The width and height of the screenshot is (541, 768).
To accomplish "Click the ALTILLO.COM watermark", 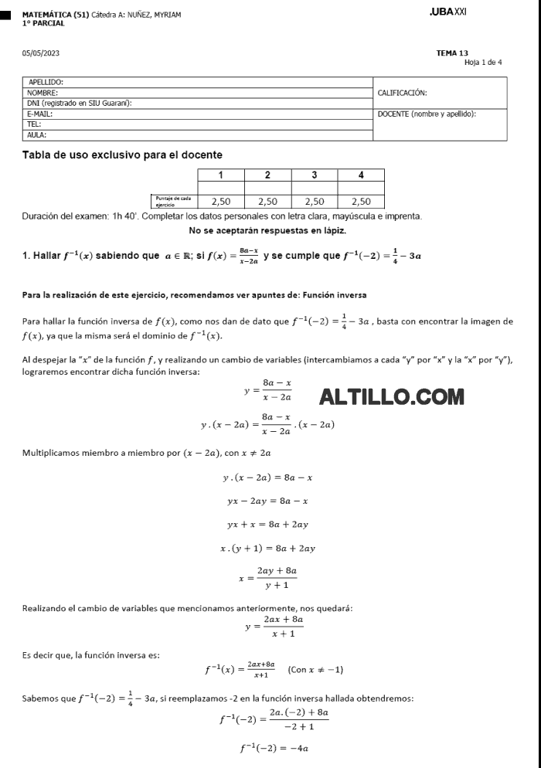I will click(x=392, y=397).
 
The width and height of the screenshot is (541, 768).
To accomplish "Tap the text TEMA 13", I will click(x=452, y=53).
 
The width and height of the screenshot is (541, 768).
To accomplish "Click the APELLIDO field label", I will click(x=46, y=81).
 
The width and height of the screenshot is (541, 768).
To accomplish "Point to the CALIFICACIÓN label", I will click(x=402, y=93).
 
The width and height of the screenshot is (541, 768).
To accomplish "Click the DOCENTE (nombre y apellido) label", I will click(x=427, y=114).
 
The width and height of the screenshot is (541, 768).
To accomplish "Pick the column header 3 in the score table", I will click(x=314, y=175).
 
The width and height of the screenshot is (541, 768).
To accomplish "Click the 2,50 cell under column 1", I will click(x=221, y=201).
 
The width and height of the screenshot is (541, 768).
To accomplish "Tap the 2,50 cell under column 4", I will click(x=361, y=201).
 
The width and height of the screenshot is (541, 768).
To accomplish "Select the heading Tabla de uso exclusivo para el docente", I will click(x=122, y=155).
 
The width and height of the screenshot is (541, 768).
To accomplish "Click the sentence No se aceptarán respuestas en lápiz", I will click(x=267, y=230).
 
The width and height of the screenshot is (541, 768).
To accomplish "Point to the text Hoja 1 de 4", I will click(x=483, y=62).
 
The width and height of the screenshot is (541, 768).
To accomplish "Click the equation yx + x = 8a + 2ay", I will click(x=267, y=525).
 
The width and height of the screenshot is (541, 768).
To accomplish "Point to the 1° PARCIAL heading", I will click(x=43, y=23).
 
